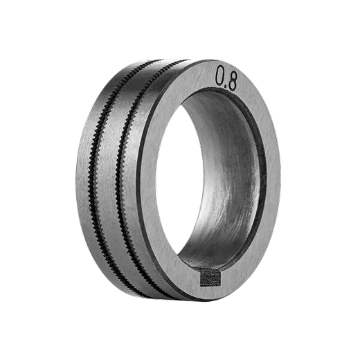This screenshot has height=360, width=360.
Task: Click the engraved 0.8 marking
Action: (x=226, y=78)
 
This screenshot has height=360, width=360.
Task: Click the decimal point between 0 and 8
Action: (x=226, y=86)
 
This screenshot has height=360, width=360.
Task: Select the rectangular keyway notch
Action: (x=209, y=277)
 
